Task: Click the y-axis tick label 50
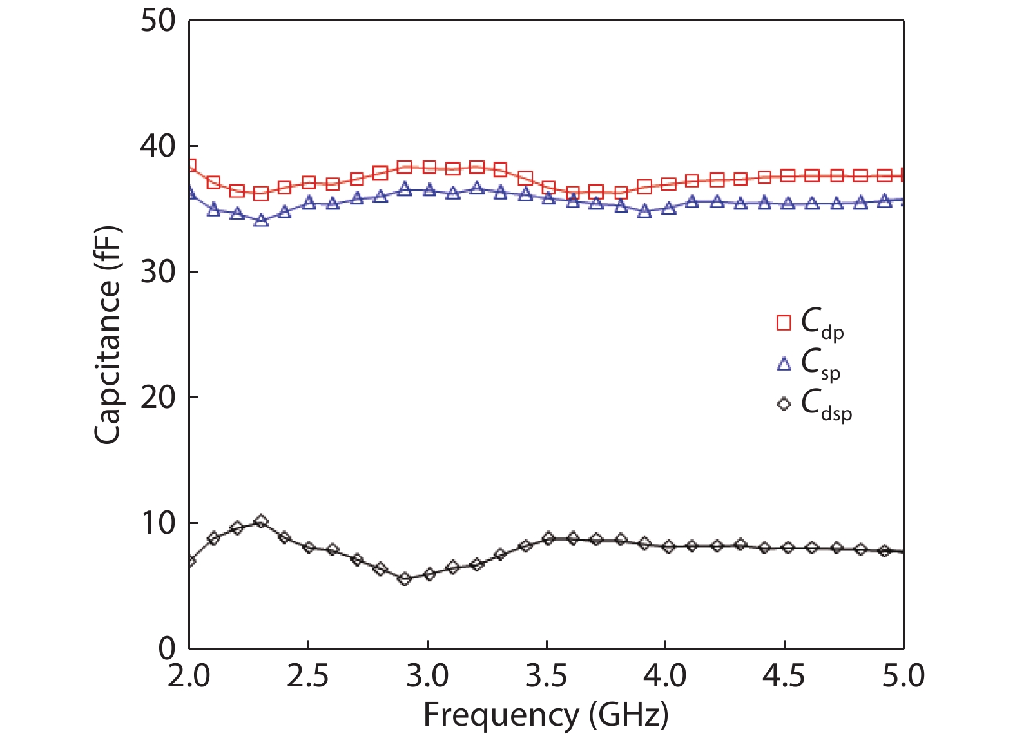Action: pyautogui.click(x=158, y=21)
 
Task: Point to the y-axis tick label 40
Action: pyautogui.click(x=158, y=147)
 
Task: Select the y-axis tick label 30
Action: pyautogui.click(x=158, y=272)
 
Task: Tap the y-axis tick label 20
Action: pyautogui.click(x=158, y=398)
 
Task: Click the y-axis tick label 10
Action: pyautogui.click(x=158, y=523)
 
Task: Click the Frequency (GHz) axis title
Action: pyautogui.click(x=546, y=715)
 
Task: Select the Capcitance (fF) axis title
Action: pyautogui.click(x=108, y=335)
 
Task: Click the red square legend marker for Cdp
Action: pyautogui.click(x=784, y=322)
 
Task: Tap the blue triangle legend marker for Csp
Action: pyautogui.click(x=784, y=363)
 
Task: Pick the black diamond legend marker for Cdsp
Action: pyautogui.click(x=784, y=405)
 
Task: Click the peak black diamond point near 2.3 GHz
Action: pyautogui.click(x=261, y=521)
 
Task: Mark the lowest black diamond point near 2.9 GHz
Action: pyautogui.click(x=404, y=579)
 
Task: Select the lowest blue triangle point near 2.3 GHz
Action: pyautogui.click(x=261, y=220)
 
